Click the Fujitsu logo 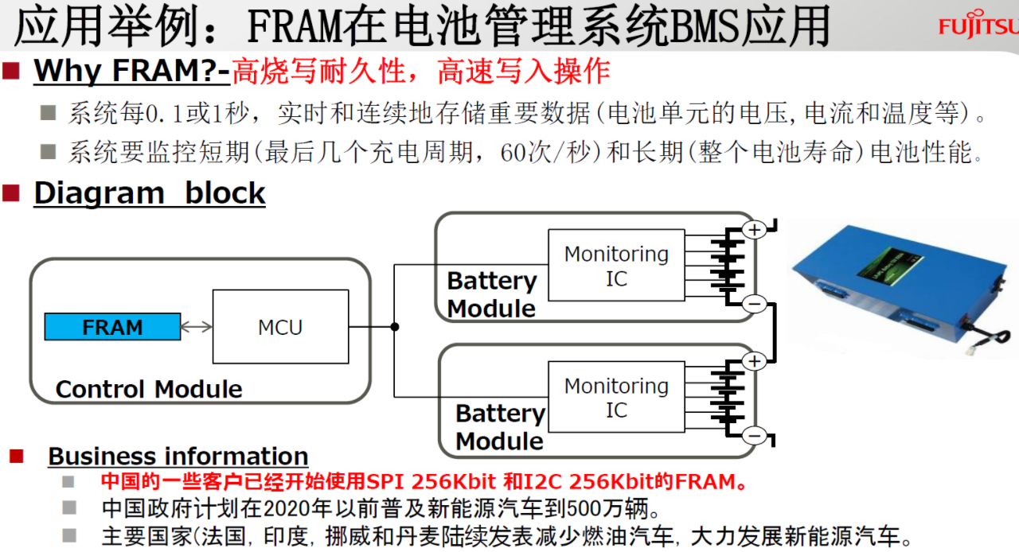coord(978,26)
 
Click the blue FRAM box coord(112,327)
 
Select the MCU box coord(280,327)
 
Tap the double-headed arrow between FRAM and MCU coord(197,327)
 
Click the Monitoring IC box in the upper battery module coord(616,266)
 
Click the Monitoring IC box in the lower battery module coord(616,398)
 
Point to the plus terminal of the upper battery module coord(753,230)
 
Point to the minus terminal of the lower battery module coord(753,435)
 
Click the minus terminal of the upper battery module coord(753,304)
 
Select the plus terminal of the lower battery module coord(753,362)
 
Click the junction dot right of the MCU coord(395,327)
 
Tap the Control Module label coord(149,389)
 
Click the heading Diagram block coord(149,193)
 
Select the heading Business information coord(178,456)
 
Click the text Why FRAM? coord(127,72)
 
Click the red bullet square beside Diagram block coord(11,193)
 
